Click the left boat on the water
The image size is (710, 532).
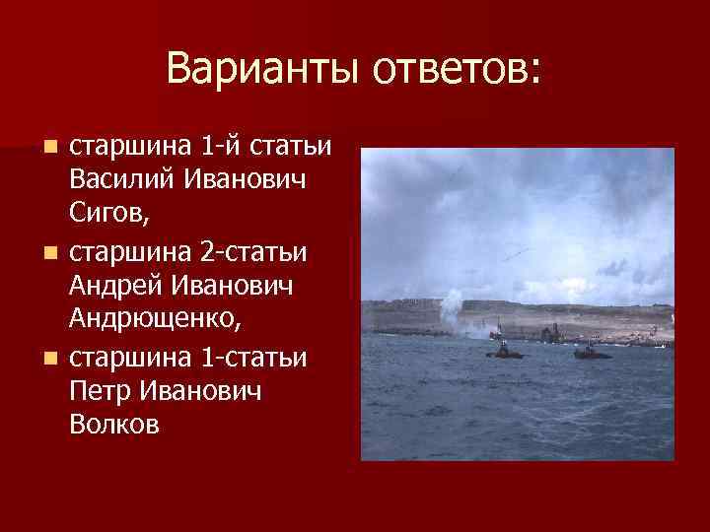[502, 352]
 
